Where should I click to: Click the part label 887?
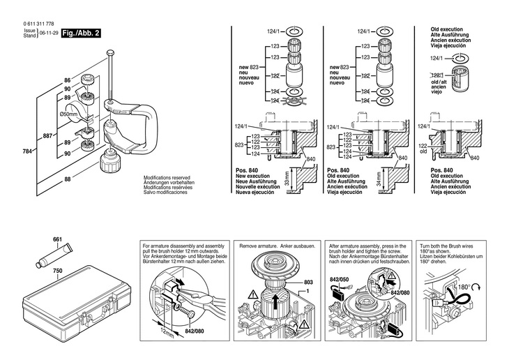pos(47,135)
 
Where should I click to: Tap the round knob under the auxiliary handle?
pos(111,165)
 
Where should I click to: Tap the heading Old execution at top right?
pos(438,29)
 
